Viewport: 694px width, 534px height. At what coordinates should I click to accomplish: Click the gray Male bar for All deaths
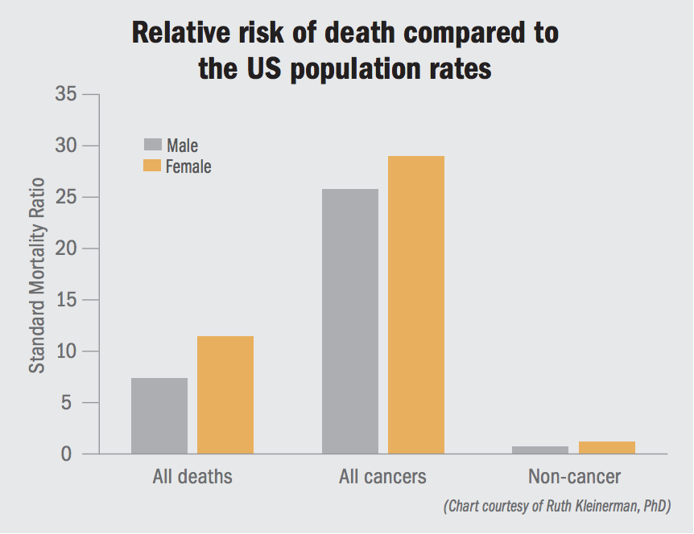coord(159,416)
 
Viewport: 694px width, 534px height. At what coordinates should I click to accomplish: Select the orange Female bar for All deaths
coord(225,395)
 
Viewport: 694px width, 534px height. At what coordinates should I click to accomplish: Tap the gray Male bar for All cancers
coord(350,322)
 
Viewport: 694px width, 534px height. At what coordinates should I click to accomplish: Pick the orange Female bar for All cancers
coord(416,306)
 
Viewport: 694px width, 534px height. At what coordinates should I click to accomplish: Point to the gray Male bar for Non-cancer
coord(540,450)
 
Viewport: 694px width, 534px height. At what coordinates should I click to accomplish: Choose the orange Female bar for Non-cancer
coord(607,448)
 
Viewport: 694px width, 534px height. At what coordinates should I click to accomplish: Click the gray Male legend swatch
coord(153,145)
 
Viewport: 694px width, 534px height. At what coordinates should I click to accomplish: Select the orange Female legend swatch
coord(153,166)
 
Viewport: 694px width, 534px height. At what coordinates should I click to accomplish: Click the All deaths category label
coord(192,477)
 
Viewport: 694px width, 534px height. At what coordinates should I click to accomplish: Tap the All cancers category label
coord(382,477)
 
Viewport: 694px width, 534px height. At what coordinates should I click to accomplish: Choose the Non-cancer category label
coord(574,477)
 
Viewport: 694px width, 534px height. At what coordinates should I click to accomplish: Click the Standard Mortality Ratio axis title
coord(37,274)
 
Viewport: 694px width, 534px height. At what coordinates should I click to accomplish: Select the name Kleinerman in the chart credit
coord(605,507)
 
